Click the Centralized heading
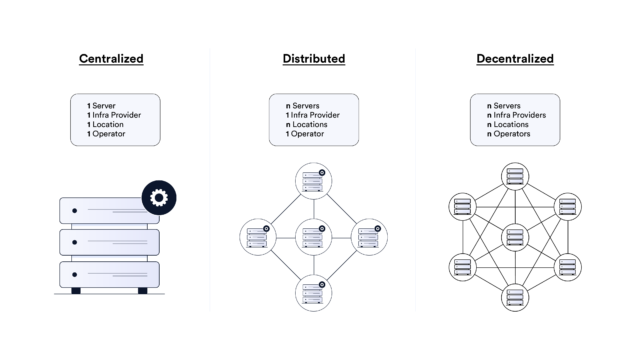pos(111,59)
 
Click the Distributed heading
pos(313,59)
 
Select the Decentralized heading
pos(515,59)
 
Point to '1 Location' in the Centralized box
pos(107,123)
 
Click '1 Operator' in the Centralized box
pos(107,133)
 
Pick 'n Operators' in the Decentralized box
pos(511,133)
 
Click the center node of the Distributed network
pos(313,237)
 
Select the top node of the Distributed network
pos(313,181)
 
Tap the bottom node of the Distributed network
pos(313,294)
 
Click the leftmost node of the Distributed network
pos(256,237)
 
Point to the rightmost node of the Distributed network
pos(370,237)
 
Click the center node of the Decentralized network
pos(515,237)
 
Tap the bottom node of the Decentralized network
pos(515,296)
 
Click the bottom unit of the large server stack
pos(108,273)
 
